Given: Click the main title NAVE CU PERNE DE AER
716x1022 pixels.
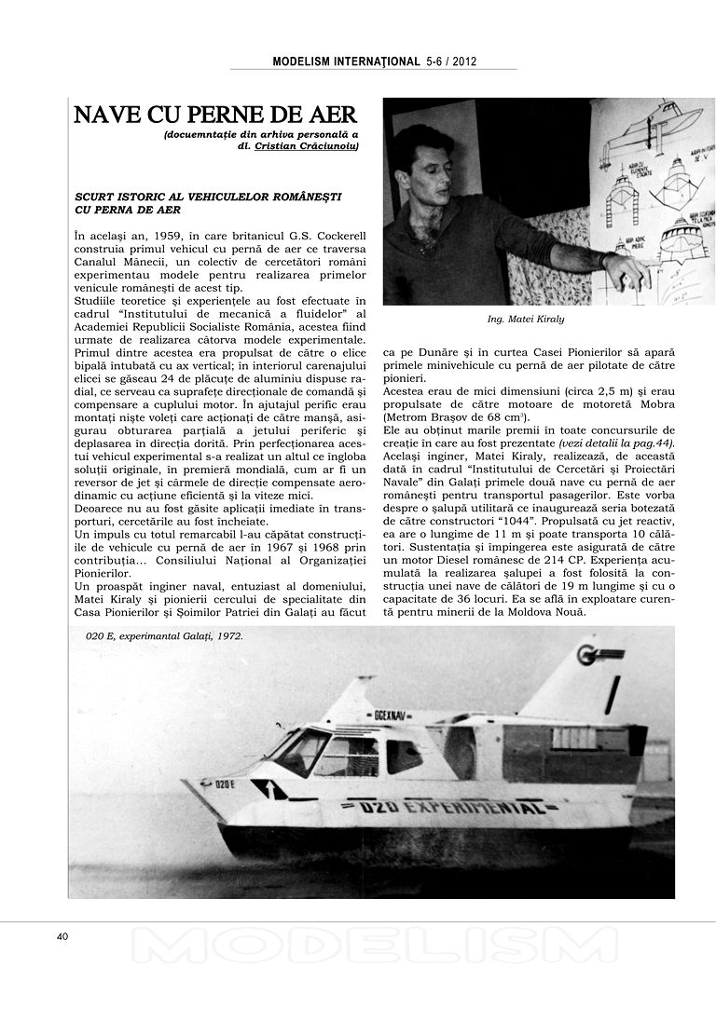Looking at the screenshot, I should (x=215, y=115).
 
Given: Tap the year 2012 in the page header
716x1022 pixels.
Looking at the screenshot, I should (x=463, y=61).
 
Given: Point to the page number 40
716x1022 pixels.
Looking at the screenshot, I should (x=62, y=936).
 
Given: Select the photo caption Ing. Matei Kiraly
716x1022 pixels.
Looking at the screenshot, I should (x=526, y=319).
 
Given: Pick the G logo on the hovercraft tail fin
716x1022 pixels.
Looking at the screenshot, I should (x=589, y=655).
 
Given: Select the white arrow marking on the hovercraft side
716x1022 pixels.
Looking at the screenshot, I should (x=270, y=789).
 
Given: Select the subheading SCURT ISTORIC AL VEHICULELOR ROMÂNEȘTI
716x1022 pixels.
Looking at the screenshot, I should (x=208, y=198).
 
